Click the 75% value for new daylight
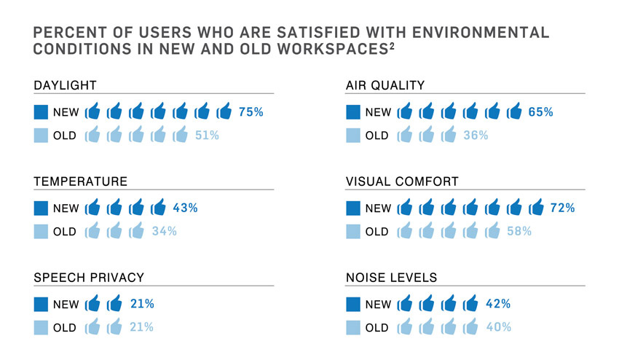pyautogui.click(x=251, y=112)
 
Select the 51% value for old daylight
pyautogui.click(x=207, y=135)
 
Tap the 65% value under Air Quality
pyautogui.click(x=541, y=112)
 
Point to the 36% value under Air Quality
pyautogui.click(x=476, y=135)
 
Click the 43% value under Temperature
pyautogui.click(x=185, y=208)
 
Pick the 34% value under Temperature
pyautogui.click(x=164, y=232)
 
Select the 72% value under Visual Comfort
pyautogui.click(x=563, y=208)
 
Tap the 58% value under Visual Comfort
pyautogui.click(x=519, y=232)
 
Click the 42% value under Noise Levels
pyautogui.click(x=498, y=304)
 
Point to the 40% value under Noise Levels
pyautogui.click(x=498, y=327)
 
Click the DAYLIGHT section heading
pyautogui.click(x=66, y=85)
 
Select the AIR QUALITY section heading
pyautogui.click(x=385, y=85)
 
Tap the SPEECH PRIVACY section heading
pyautogui.click(x=89, y=278)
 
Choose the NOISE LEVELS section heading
pyautogui.click(x=392, y=278)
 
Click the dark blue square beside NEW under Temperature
pyautogui.click(x=41, y=208)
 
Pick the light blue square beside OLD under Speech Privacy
pyautogui.click(x=41, y=328)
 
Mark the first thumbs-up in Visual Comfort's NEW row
pyautogui.click(x=406, y=208)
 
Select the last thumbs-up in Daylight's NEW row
pyautogui.click(x=224, y=112)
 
